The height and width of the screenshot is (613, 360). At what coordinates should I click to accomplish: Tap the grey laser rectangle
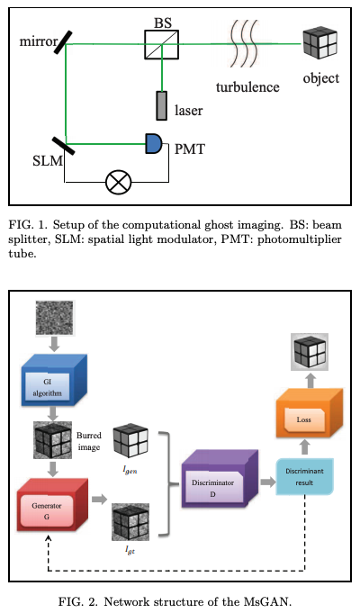click(161, 105)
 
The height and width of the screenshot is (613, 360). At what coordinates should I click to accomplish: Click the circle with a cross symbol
click(117, 183)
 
